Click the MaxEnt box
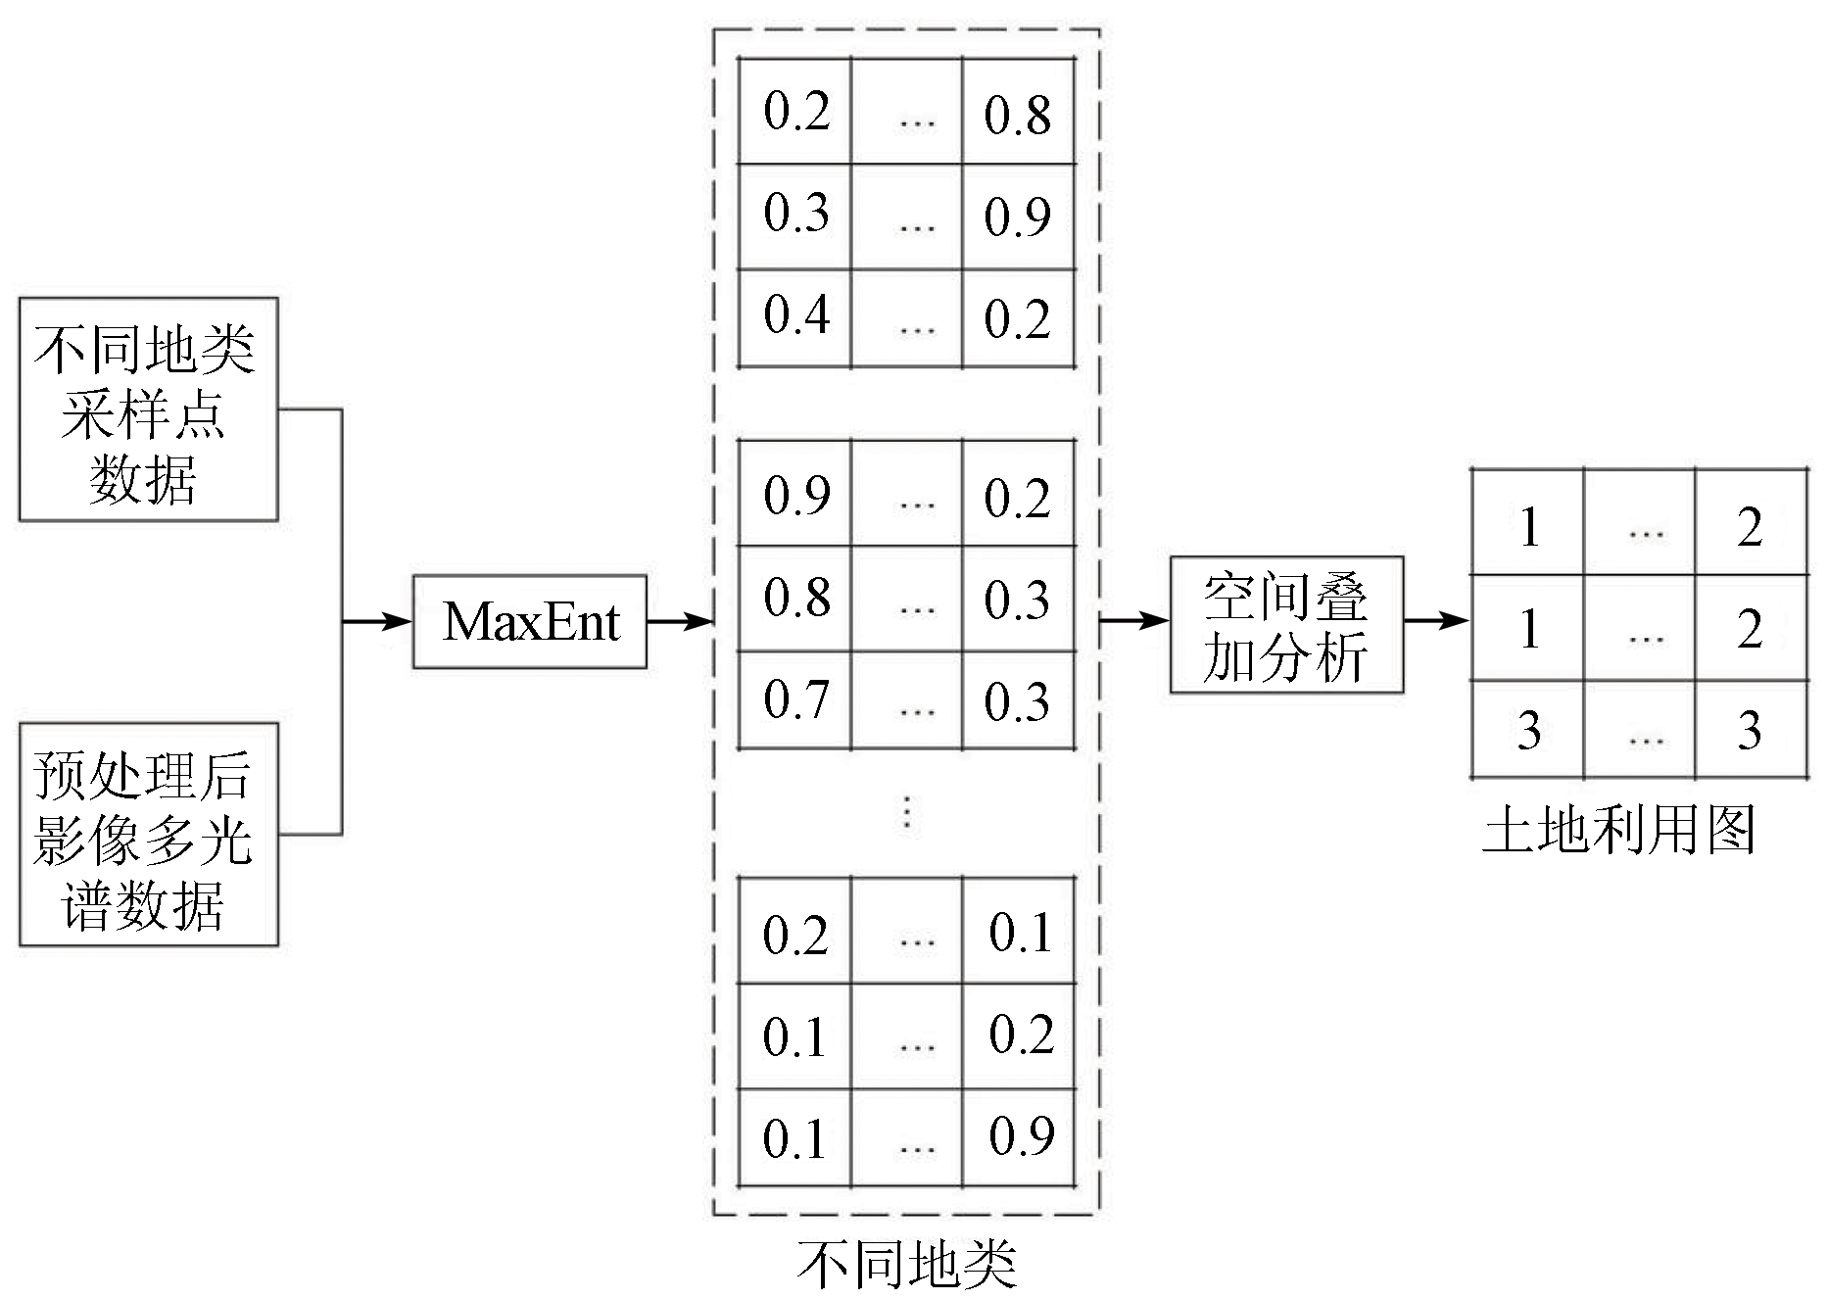(529, 621)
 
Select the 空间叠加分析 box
(1286, 625)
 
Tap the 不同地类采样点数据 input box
(148, 409)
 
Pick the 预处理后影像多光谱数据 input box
(148, 835)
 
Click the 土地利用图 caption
(1618, 831)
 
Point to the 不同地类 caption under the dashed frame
(906, 1265)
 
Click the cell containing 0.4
(794, 315)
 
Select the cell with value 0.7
(794, 700)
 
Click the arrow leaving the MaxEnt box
(680, 621)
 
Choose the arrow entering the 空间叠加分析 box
(1136, 620)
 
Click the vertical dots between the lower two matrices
(907, 813)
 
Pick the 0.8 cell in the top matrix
(1019, 114)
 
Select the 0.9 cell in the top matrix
(1019, 216)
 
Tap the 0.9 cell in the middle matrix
(794, 495)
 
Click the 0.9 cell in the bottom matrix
(1021, 1136)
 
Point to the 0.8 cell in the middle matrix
(794, 598)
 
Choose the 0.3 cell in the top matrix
(794, 214)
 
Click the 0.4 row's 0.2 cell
(1019, 319)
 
